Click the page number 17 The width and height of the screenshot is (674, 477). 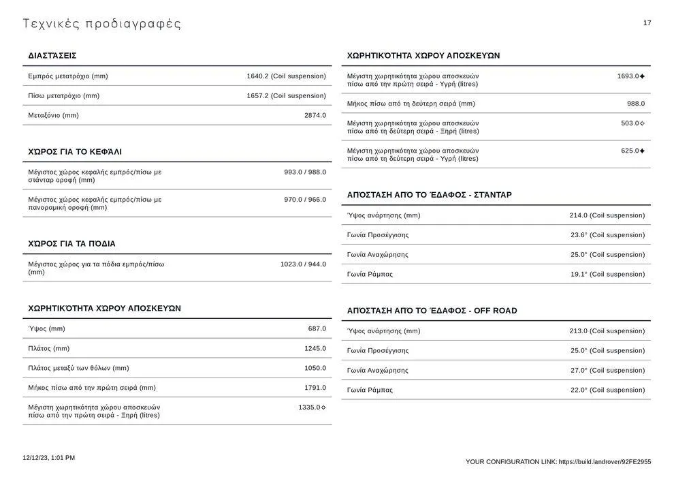pyautogui.click(x=647, y=23)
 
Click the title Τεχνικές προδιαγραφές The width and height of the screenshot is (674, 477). pyautogui.click(x=102, y=25)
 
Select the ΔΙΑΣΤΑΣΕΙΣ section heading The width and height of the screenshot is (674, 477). pyautogui.click(x=52, y=56)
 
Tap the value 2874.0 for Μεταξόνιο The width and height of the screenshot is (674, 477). pyautogui.click(x=315, y=116)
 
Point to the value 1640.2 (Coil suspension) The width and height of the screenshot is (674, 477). pyautogui.click(x=286, y=76)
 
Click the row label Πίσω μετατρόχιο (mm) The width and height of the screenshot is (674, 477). pyautogui.click(x=64, y=96)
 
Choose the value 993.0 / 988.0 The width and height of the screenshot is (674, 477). pyautogui.click(x=305, y=172)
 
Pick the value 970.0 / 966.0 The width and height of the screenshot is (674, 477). pyautogui.click(x=305, y=200)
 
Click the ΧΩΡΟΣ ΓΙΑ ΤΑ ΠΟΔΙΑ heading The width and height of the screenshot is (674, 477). pyautogui.click(x=72, y=244)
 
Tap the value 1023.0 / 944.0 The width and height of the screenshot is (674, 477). pyautogui.click(x=303, y=264)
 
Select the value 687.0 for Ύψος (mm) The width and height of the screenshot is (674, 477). pyautogui.click(x=317, y=329)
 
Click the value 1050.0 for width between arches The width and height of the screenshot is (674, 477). pyautogui.click(x=315, y=369)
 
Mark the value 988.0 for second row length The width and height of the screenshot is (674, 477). pyautogui.click(x=635, y=104)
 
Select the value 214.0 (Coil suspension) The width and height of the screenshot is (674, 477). pyautogui.click(x=607, y=216)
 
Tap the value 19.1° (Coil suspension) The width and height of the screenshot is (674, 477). pyautogui.click(x=607, y=275)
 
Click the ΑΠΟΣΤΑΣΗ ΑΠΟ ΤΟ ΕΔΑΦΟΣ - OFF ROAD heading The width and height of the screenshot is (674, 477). pyautogui.click(x=432, y=311)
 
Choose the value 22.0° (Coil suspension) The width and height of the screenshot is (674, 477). pyautogui.click(x=607, y=390)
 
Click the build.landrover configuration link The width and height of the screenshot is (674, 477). pyautogui.click(x=605, y=462)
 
